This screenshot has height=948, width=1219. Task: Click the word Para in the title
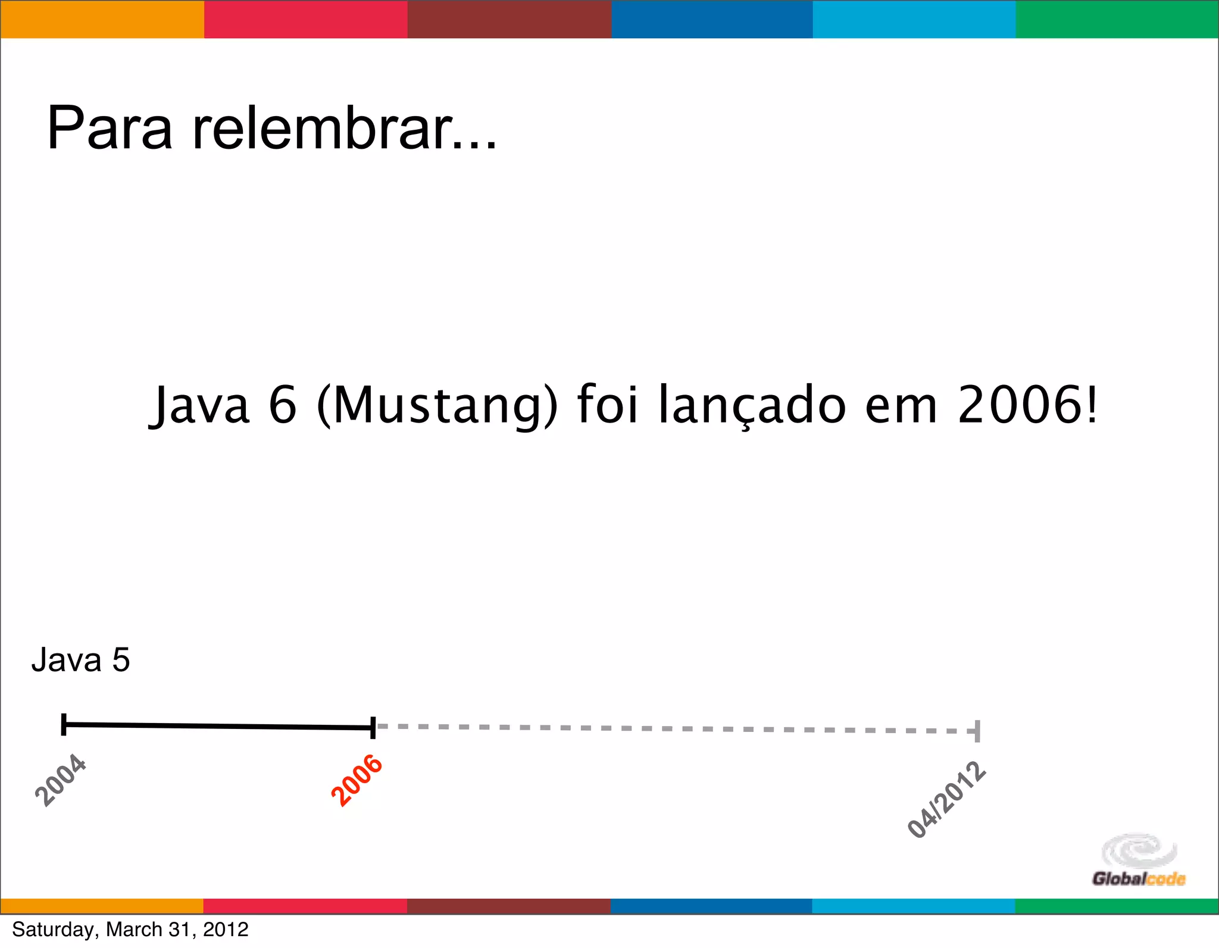[x=110, y=129]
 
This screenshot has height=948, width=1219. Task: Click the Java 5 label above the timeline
[x=80, y=660]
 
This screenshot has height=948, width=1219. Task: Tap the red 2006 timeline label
[x=357, y=780]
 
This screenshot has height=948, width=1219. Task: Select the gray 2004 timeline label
[x=61, y=780]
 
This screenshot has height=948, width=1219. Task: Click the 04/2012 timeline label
[x=946, y=800]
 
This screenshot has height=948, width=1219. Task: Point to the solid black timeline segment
[x=217, y=726]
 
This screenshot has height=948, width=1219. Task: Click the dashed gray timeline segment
[x=673, y=728]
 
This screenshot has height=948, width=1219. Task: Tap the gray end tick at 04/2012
[x=977, y=731]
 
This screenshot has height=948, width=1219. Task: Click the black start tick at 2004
[x=64, y=724]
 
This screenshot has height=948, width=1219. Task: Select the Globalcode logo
[x=1139, y=861]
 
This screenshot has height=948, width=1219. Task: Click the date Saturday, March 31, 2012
[x=130, y=929]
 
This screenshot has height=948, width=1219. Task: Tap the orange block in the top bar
[x=102, y=20]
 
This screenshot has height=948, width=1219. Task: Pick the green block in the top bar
[x=1117, y=20]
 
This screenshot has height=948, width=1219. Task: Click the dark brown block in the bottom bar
[x=508, y=906]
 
